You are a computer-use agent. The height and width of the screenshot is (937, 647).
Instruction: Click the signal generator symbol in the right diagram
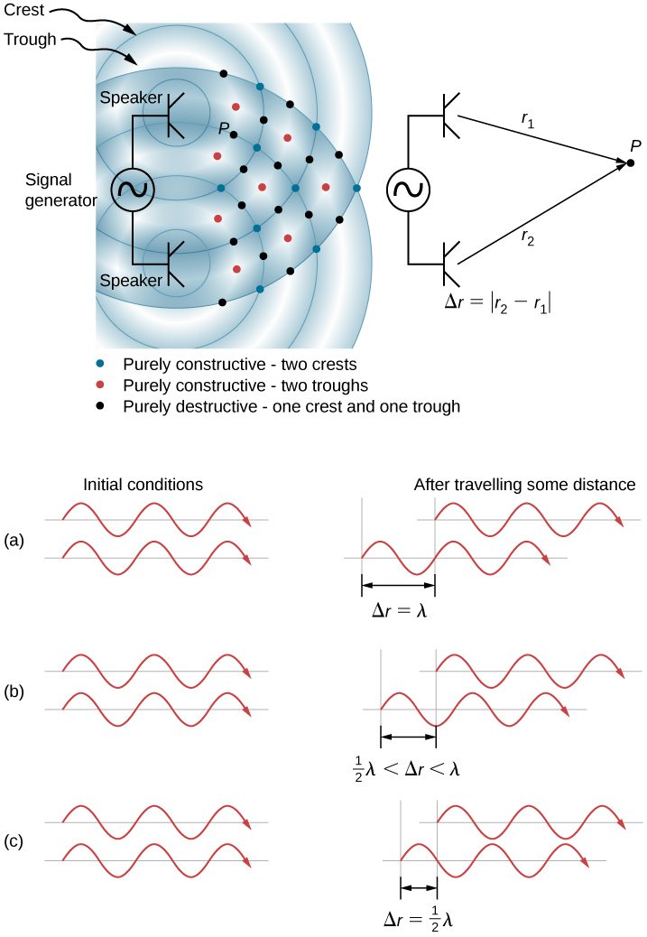coord(408,190)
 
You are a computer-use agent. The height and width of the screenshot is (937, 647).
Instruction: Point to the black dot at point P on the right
coord(631,162)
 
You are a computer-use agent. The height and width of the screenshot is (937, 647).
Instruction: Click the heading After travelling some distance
coord(524,485)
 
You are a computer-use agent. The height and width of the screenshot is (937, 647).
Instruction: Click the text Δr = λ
coord(398,609)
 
